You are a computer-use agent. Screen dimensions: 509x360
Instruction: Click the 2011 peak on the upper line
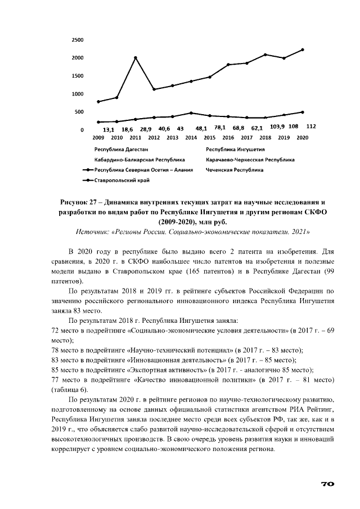135,57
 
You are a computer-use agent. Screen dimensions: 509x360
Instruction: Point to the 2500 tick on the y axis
78,40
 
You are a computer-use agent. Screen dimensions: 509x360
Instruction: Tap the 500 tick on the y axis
79,112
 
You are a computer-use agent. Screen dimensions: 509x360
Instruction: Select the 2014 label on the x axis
191,137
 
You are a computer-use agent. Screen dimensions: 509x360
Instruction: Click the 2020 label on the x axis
302,137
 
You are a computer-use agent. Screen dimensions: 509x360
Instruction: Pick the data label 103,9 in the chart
277,127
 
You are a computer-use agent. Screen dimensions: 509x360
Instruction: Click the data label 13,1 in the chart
109,129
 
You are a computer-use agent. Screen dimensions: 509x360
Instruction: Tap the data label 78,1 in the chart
219,128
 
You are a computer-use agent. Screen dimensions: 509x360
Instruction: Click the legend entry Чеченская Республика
235,169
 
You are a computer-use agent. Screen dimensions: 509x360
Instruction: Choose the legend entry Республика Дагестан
121,150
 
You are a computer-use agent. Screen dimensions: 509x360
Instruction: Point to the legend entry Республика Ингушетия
235,150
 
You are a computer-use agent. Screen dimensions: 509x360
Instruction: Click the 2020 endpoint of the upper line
302,49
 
